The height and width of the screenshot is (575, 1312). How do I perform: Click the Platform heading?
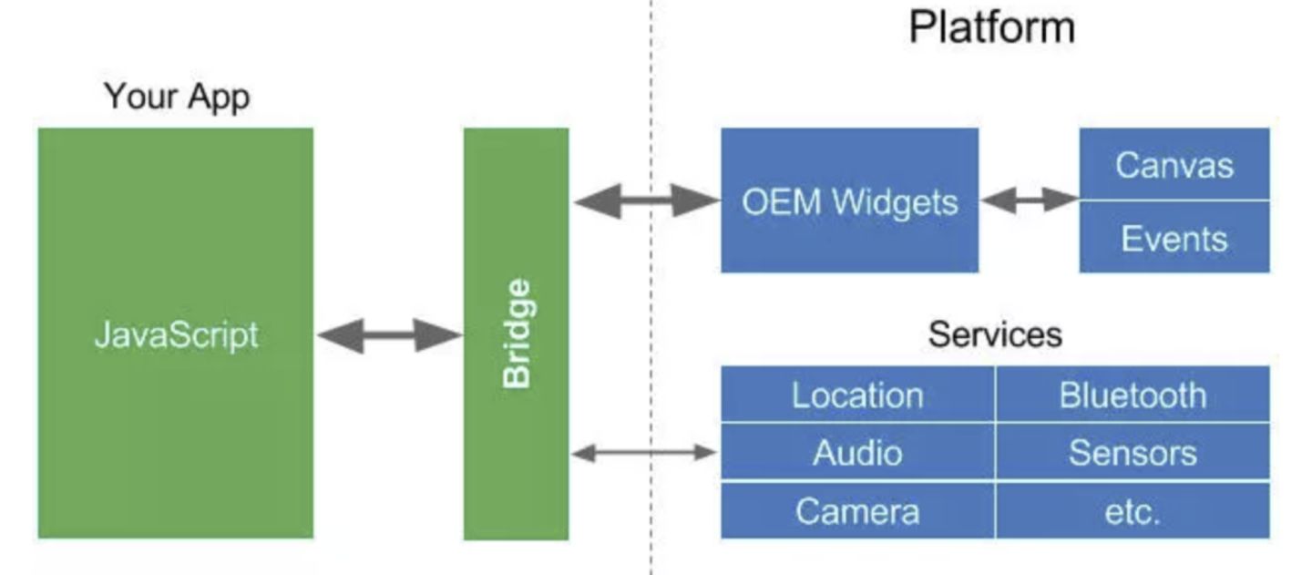pos(991,27)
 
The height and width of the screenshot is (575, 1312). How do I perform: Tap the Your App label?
pos(177,96)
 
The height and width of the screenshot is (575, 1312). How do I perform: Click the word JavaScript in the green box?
pos(176,335)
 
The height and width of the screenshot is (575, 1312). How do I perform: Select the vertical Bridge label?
pos(517,334)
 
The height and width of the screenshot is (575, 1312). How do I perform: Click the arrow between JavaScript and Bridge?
pos(389,335)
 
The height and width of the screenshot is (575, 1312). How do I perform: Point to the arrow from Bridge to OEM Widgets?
pos(645,200)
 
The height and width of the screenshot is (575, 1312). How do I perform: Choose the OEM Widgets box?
pos(849,200)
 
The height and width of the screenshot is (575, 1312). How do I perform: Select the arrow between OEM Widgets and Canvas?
pos(1030,200)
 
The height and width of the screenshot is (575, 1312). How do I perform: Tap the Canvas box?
pos(1174,165)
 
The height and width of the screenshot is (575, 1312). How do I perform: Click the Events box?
pos(1174,238)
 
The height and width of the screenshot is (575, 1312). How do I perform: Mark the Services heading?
pos(995,334)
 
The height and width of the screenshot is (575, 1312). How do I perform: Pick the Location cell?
pos(857,395)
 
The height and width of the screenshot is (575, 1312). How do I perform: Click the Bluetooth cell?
pos(1133,395)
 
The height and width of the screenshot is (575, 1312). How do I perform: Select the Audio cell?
pos(857,453)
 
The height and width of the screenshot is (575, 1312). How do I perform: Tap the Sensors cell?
pos(1133,453)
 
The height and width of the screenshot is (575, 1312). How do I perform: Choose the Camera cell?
pos(857,511)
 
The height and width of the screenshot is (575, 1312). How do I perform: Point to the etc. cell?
pos(1133,511)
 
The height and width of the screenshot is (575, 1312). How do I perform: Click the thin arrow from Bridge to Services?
pos(644,452)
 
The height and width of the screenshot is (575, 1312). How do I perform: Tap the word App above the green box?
pos(218,96)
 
